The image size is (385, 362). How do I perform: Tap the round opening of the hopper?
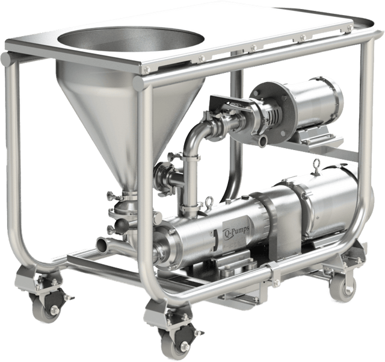tap(131, 39)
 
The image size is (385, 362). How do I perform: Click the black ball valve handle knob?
tap(122, 224)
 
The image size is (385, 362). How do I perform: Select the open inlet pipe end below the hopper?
tap(103, 245)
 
